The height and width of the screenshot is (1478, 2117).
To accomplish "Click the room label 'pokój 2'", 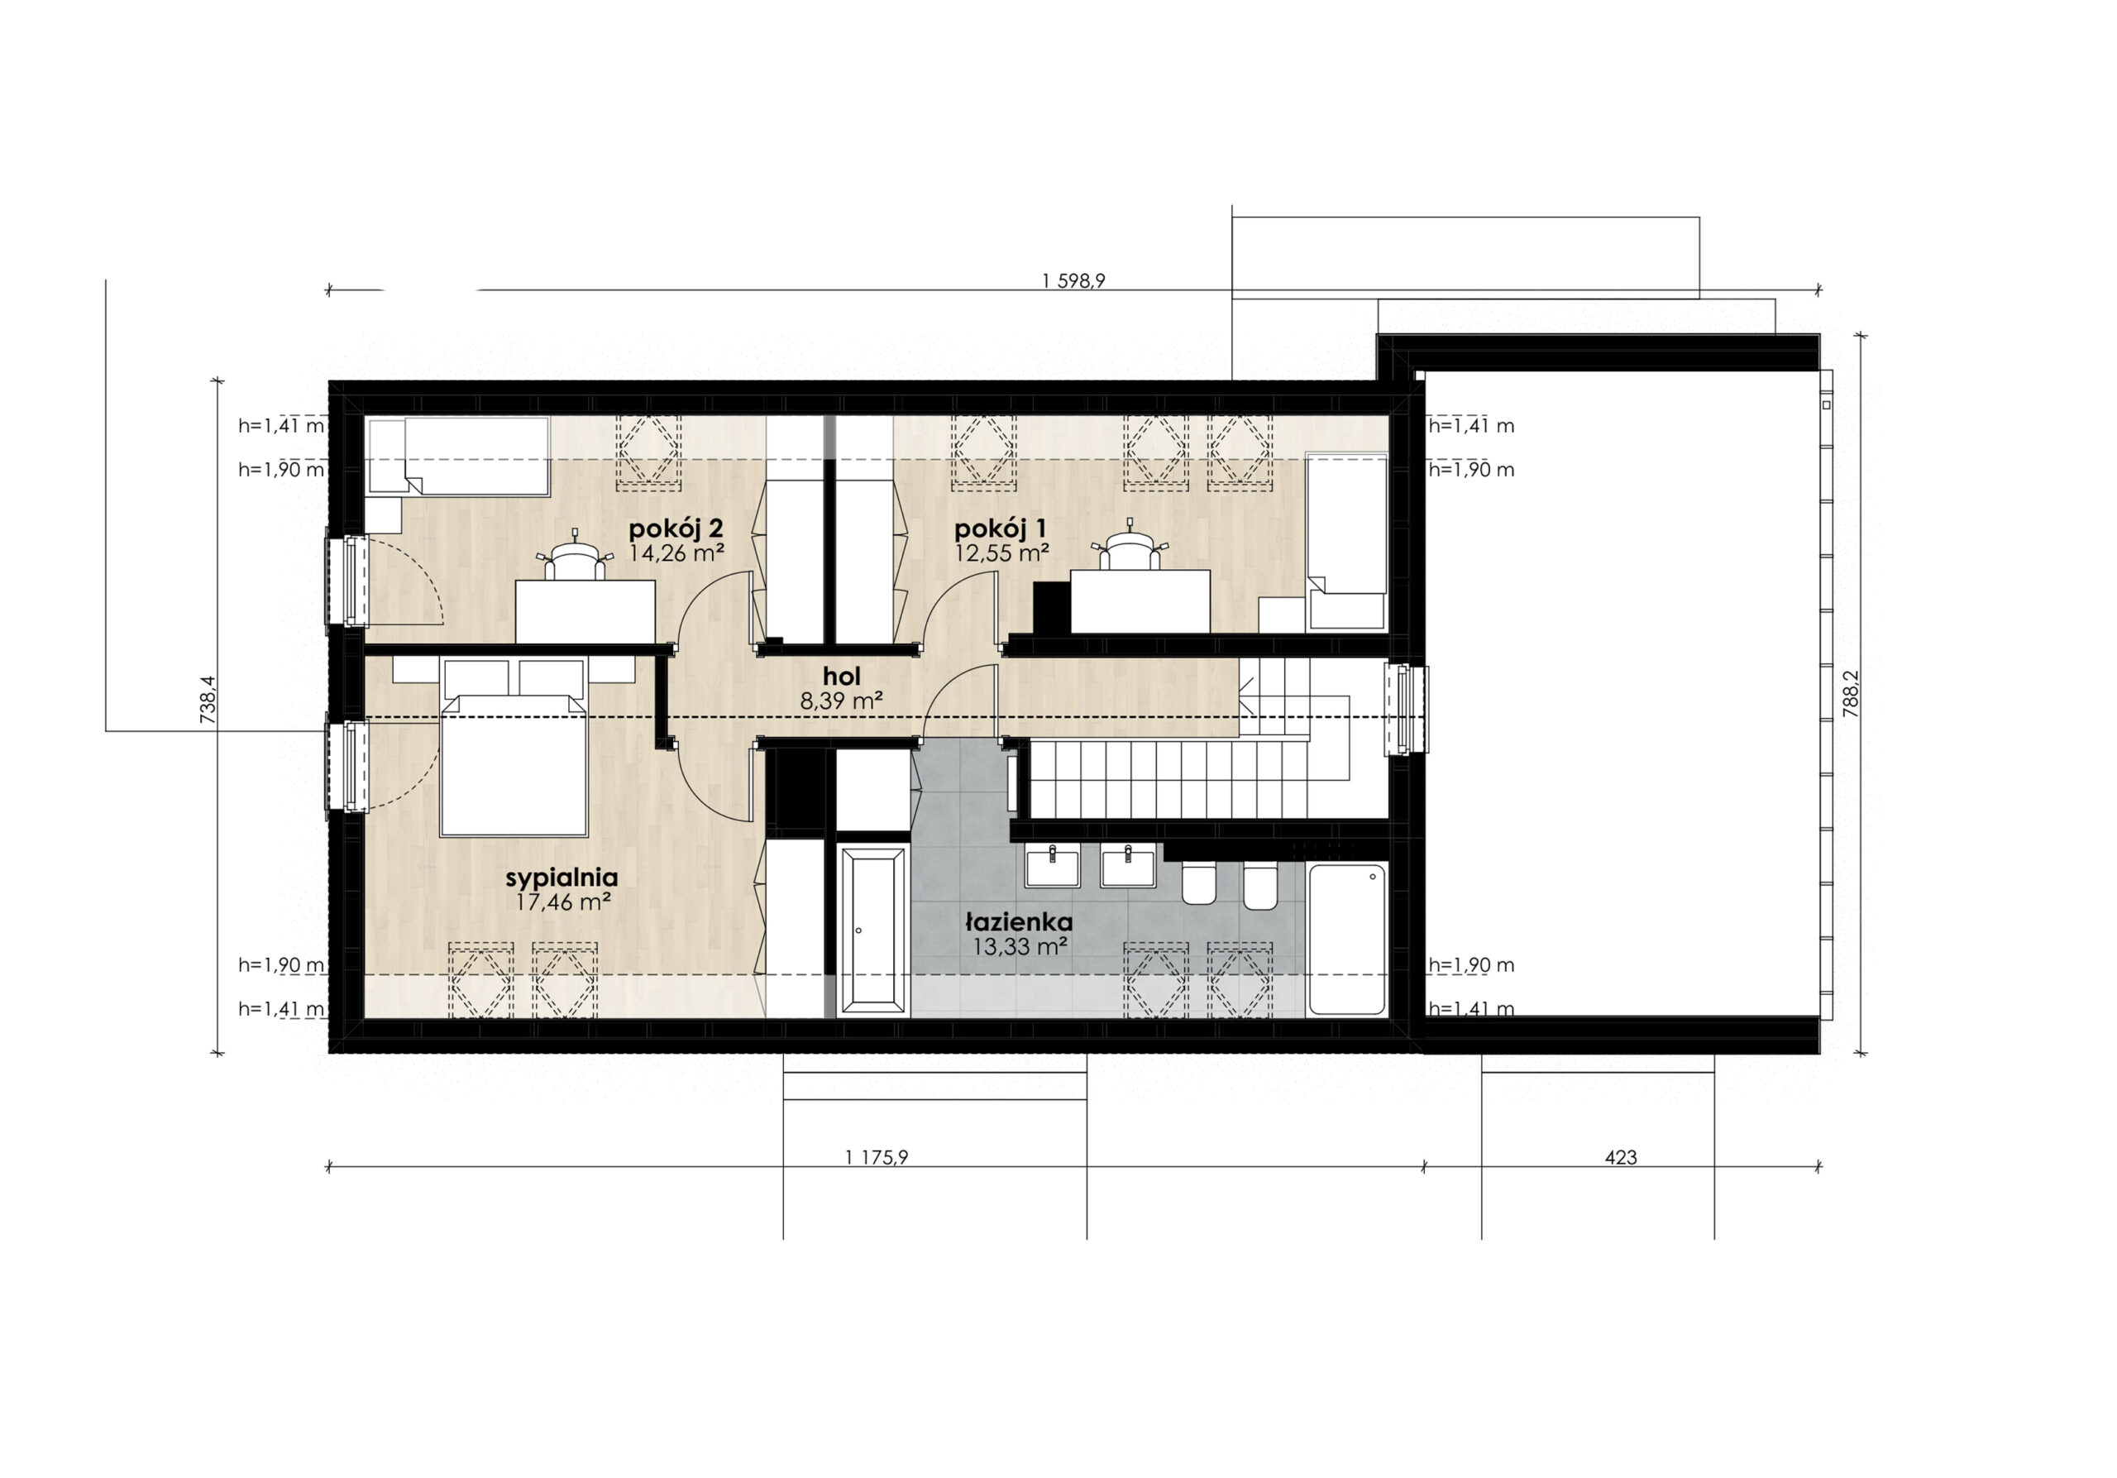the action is [676, 529].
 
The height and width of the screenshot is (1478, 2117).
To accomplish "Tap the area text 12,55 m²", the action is [1002, 553].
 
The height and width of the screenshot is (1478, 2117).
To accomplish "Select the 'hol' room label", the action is [842, 677].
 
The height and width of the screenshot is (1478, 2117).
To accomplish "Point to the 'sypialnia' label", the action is [562, 878].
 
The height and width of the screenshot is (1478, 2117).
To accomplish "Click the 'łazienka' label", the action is [1019, 922].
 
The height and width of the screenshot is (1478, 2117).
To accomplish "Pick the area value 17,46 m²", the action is [562, 902].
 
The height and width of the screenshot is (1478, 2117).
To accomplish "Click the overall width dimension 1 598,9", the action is [1074, 281].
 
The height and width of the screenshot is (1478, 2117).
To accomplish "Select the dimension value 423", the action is [1620, 1157].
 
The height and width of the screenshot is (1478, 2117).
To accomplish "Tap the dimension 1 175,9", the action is [876, 1157].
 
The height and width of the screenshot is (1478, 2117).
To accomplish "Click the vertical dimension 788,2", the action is [1851, 693].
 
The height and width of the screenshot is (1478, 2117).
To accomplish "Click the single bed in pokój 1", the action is [1347, 541].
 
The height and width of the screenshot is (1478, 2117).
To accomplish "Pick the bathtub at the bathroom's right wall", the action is [1347, 940].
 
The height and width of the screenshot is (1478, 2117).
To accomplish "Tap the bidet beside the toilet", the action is [1260, 885].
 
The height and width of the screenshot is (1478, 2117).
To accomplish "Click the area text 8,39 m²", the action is [842, 701].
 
